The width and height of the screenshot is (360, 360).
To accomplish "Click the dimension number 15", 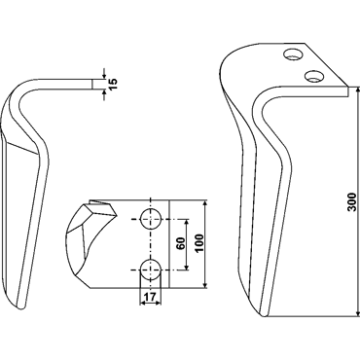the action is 114,84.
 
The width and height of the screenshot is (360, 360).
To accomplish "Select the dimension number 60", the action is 181,243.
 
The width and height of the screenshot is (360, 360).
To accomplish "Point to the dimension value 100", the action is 199,243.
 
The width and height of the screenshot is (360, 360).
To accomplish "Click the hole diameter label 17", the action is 150,296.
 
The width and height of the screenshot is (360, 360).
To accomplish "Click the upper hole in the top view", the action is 151,219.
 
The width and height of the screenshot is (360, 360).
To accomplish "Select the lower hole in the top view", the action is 151,270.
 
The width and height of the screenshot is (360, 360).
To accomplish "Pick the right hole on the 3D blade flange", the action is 314,76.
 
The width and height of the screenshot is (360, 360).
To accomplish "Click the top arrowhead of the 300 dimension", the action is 358,90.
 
